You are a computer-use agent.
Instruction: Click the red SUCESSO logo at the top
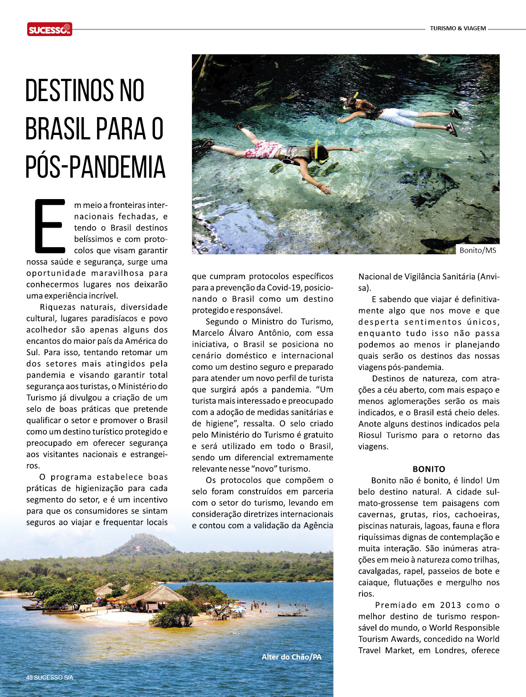coord(49,29)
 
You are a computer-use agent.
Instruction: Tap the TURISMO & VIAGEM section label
coord(458,28)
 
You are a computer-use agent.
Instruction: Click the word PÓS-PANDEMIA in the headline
coord(95,167)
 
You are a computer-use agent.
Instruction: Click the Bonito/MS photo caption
coord(477,250)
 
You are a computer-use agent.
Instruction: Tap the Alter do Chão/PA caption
coord(291,657)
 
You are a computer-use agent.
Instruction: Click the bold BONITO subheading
coord(428,469)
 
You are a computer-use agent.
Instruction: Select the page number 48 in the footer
coord(29,677)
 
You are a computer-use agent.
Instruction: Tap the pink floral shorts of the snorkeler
coord(263,149)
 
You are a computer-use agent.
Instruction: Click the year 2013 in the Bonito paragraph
coord(450,605)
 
